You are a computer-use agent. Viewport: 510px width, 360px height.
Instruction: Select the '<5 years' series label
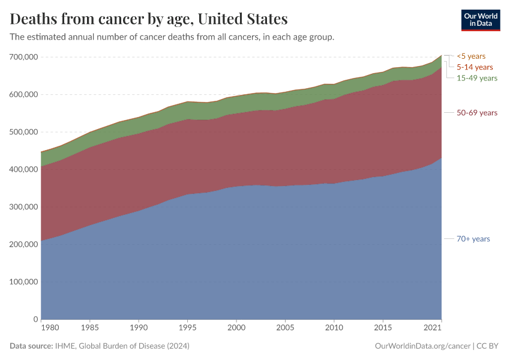pos(471,56)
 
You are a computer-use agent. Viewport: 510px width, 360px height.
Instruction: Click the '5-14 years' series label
pos(475,67)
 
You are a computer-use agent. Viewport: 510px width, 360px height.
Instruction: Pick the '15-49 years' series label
pos(477,78)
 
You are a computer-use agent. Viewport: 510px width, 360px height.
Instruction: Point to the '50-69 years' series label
pos(477,113)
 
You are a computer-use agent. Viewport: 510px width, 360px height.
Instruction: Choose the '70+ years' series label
pos(473,239)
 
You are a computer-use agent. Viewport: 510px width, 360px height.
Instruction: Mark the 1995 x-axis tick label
pos(188,328)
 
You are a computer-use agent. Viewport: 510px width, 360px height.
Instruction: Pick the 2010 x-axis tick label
pos(334,328)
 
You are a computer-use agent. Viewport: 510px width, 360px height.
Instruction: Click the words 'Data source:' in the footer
pos(31,346)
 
